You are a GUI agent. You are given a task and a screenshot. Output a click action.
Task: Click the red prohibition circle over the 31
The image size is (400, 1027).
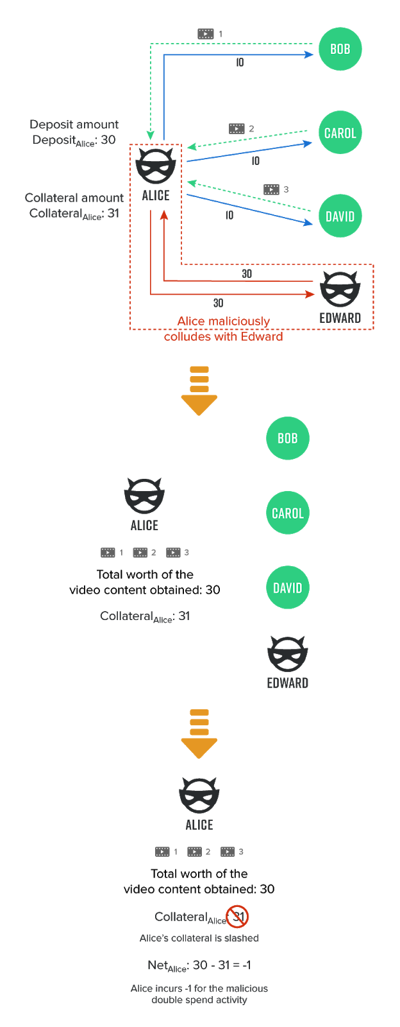pyautogui.click(x=238, y=917)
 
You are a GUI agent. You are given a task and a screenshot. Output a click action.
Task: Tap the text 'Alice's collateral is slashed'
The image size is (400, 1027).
pyautogui.click(x=199, y=938)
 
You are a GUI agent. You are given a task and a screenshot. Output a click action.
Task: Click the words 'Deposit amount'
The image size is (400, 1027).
pyautogui.click(x=74, y=125)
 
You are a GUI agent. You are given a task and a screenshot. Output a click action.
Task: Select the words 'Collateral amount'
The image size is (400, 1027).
pyautogui.click(x=74, y=198)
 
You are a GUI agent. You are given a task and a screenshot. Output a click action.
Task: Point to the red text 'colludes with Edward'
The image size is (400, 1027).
pyautogui.click(x=223, y=336)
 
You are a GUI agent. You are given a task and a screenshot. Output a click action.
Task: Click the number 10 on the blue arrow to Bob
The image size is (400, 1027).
pyautogui.click(x=240, y=62)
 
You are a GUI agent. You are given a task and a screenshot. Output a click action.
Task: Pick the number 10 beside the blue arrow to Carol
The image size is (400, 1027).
pyautogui.click(x=255, y=161)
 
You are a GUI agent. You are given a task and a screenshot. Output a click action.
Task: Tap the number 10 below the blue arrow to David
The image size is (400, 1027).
pyautogui.click(x=229, y=215)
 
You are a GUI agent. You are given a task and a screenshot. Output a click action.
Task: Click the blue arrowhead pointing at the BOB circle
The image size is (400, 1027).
pyautogui.click(x=309, y=55)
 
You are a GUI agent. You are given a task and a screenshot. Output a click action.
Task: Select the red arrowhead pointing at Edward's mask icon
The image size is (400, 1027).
pyautogui.click(x=310, y=295)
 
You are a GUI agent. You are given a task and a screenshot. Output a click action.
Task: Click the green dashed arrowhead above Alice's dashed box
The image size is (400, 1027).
pyautogui.click(x=150, y=135)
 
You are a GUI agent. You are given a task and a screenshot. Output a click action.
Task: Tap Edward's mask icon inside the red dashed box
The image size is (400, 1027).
pyautogui.click(x=340, y=289)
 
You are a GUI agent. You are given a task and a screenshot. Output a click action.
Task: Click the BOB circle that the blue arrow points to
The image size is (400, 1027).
pyautogui.click(x=340, y=49)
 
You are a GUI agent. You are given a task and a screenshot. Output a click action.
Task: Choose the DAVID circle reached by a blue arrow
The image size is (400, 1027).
pyautogui.click(x=340, y=216)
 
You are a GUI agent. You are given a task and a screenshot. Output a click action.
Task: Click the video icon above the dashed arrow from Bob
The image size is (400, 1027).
pyautogui.click(x=206, y=33)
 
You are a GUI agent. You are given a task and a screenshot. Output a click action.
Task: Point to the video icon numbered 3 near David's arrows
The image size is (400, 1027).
pyautogui.click(x=271, y=189)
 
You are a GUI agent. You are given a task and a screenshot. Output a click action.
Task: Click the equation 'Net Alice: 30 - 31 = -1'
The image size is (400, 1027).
pyautogui.click(x=199, y=965)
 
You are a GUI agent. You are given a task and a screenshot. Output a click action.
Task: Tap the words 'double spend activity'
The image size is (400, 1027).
pyautogui.click(x=199, y=1000)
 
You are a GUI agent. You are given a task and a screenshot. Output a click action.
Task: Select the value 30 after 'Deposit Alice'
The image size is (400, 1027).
pyautogui.click(x=108, y=140)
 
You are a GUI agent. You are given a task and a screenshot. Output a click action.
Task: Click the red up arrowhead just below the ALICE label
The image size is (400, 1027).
pyautogui.click(x=164, y=215)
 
